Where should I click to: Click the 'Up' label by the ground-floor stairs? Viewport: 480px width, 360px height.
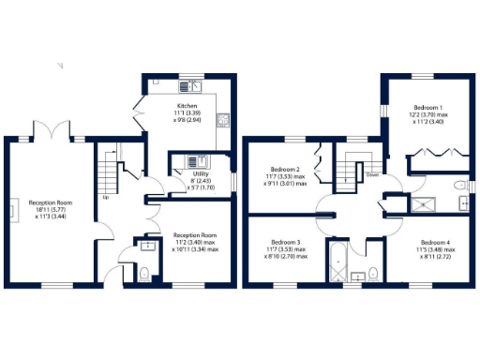(x=105, y=198)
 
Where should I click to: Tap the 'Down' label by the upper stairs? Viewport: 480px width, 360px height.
(x=372, y=174)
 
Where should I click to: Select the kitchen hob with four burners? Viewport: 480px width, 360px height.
(x=223, y=119)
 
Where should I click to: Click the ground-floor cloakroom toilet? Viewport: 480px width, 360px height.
(x=142, y=273)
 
